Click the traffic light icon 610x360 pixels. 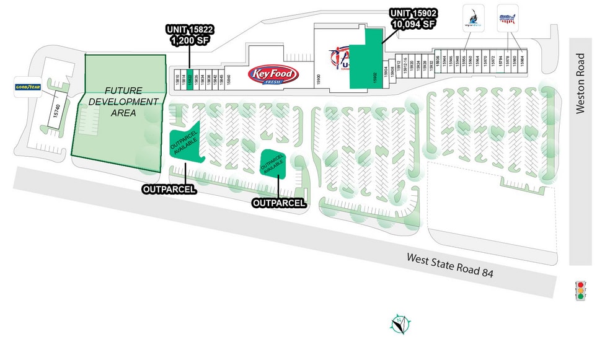pos(581,290)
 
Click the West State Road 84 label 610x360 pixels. pos(450,265)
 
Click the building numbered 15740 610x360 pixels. pos(56,110)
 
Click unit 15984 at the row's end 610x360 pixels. pos(523,62)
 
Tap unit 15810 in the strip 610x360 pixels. pos(177,76)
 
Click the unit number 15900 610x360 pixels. pos(320,79)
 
